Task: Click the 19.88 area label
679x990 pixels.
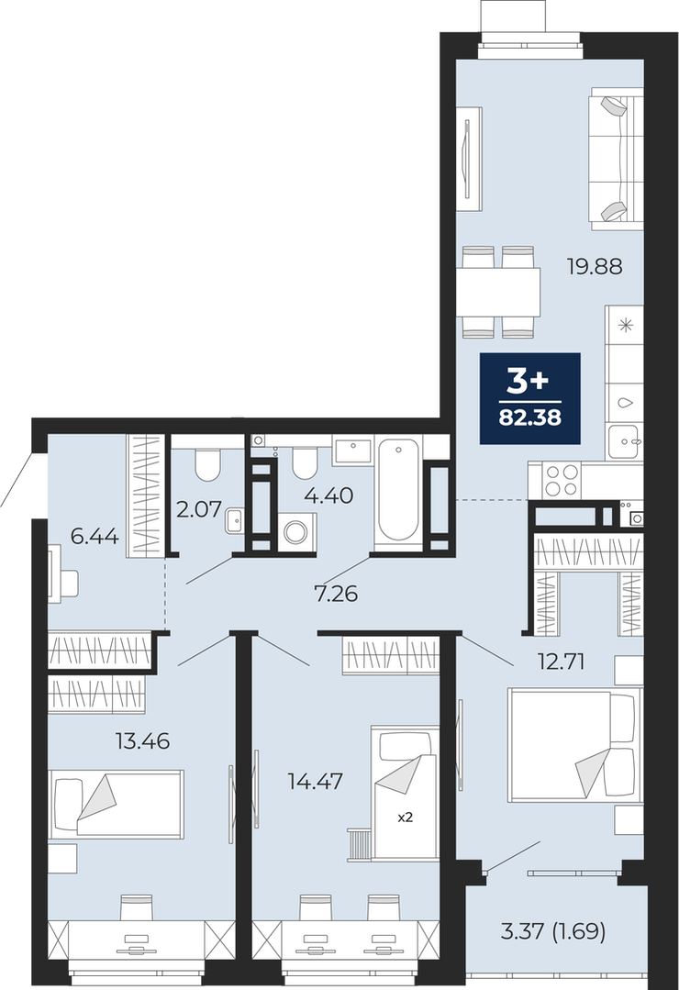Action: (x=595, y=266)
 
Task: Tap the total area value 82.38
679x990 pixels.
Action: (x=530, y=417)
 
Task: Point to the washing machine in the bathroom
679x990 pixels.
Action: (x=295, y=531)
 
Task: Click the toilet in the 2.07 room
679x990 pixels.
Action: (x=207, y=464)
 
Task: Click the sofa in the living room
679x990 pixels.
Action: (x=616, y=159)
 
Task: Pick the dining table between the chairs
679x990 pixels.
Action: (x=499, y=292)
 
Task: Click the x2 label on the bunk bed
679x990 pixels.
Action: (x=405, y=817)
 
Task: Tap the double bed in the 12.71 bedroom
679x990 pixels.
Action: (x=573, y=746)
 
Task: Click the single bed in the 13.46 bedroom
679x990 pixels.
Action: (x=117, y=804)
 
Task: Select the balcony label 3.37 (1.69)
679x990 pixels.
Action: (x=552, y=931)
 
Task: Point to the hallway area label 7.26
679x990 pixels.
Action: (x=336, y=594)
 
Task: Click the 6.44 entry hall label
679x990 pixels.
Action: (x=95, y=537)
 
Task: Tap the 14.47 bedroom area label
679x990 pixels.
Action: (x=315, y=782)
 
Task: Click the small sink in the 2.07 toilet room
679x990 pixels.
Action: (x=232, y=520)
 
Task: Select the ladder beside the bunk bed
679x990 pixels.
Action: (x=359, y=845)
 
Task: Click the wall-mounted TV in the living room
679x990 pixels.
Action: (x=469, y=159)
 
